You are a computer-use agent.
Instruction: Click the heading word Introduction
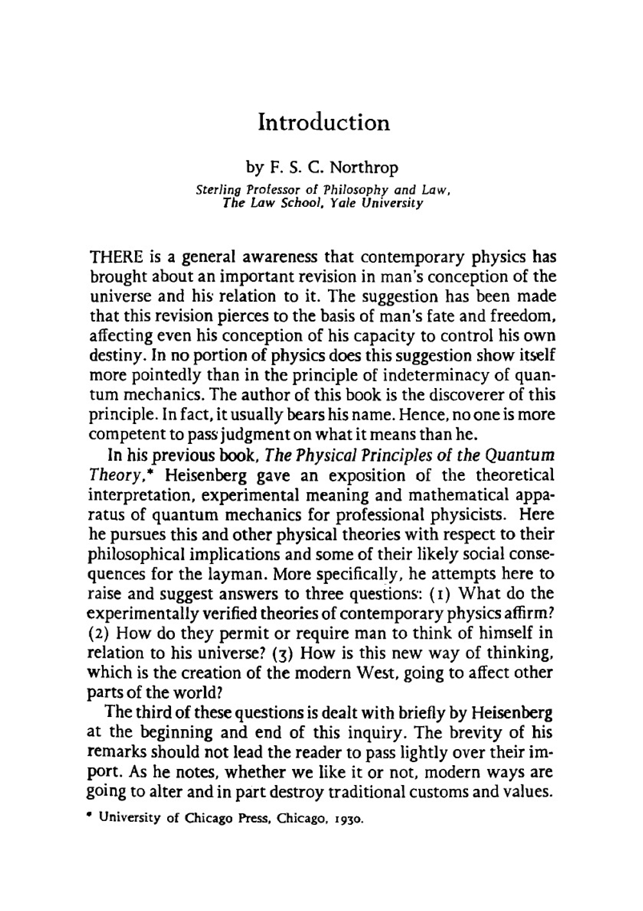pos(323,122)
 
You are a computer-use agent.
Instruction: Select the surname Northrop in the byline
pos(363,168)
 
